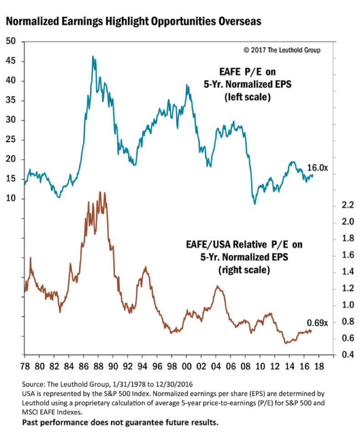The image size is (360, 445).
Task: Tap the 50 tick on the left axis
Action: tap(11, 42)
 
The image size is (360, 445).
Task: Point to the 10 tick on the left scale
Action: tap(11, 199)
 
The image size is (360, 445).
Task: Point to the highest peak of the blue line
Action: tap(93, 57)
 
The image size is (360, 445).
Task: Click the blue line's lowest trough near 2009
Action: tap(255, 203)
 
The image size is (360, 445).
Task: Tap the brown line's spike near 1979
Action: tap(31, 258)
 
